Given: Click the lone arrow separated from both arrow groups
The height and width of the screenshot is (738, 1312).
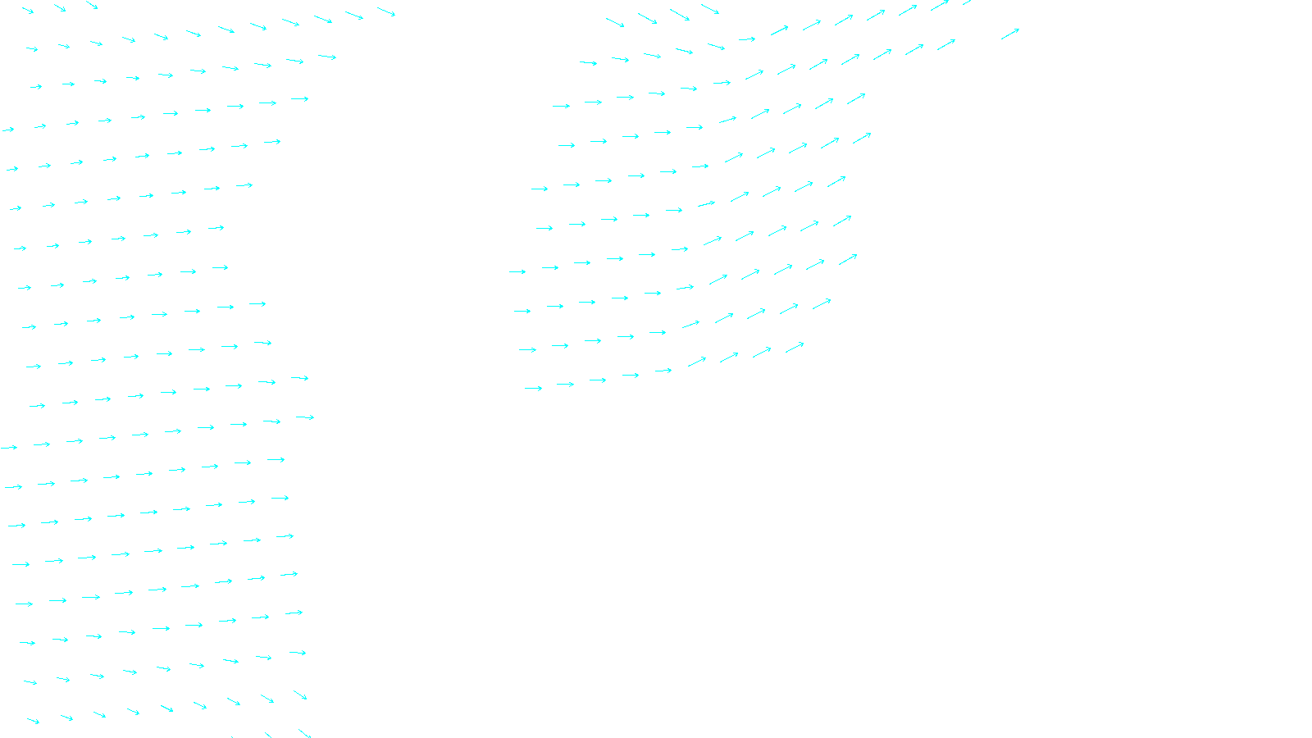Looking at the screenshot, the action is coord(1010,34).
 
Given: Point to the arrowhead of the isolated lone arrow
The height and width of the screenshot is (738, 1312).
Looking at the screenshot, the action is coord(1018,30).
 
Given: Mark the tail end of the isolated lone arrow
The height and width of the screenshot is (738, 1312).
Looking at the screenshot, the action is coord(1001,39).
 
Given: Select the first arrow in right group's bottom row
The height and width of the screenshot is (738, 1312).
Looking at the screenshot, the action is coord(533,388).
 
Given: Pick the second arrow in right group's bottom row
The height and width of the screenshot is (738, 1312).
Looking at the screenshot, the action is coord(565,384).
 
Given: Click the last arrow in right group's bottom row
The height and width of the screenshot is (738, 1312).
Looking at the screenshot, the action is coord(795,348).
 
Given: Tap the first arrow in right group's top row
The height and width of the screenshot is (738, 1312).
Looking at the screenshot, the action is coord(615,22).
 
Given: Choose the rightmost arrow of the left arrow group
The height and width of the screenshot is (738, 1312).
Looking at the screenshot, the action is coord(386,11).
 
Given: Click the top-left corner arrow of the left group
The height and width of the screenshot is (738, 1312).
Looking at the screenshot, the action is coord(27,11).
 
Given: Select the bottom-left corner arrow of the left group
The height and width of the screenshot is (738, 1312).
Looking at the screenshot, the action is coord(33,721).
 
